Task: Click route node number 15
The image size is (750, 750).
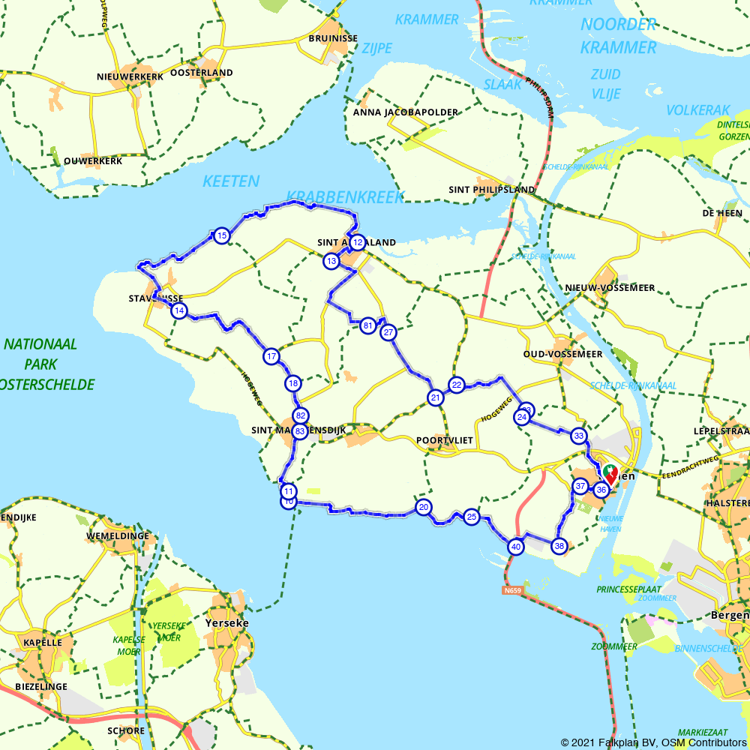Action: click(x=221, y=236)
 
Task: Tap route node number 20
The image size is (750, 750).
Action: click(x=424, y=507)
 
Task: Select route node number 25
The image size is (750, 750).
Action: click(x=471, y=517)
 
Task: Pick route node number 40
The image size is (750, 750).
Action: click(x=515, y=547)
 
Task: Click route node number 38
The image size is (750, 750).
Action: click(x=559, y=546)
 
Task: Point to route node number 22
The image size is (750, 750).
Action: click(x=457, y=385)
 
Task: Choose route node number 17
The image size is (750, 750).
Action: click(x=271, y=356)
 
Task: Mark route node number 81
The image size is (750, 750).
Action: click(x=367, y=325)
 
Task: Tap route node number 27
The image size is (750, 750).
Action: click(x=388, y=332)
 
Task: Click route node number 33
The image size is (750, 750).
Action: click(x=578, y=436)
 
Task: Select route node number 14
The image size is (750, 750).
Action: click(x=178, y=310)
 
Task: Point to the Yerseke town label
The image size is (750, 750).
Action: click(x=226, y=622)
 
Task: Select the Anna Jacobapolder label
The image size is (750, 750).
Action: click(x=405, y=112)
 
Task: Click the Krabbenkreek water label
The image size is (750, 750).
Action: click(x=345, y=197)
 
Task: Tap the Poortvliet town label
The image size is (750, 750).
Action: click(x=445, y=440)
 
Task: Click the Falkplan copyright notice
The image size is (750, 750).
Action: click(x=653, y=742)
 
